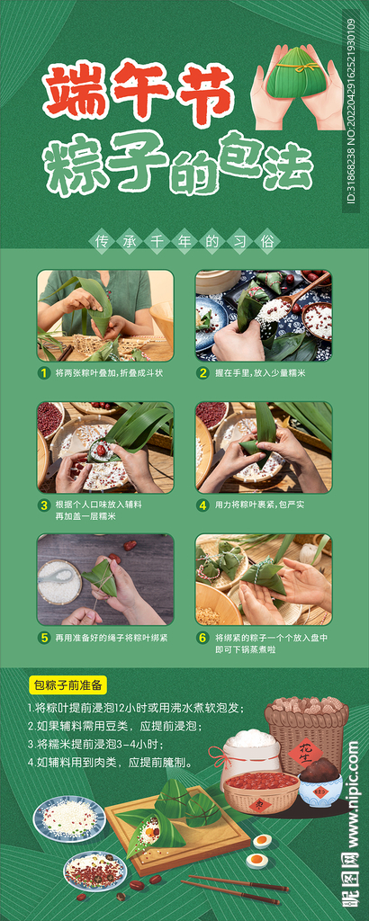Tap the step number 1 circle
(43, 372)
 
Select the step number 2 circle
(203, 372)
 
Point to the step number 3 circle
(43, 505)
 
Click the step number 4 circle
(203, 505)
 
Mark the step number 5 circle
(43, 637)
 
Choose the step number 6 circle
(203, 637)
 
